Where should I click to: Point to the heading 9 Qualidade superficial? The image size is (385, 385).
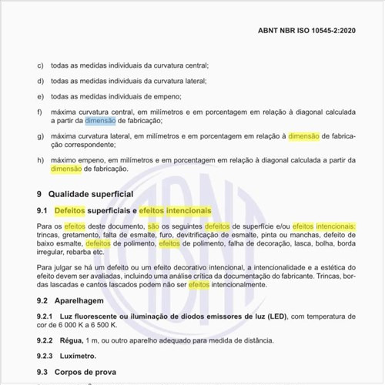point(85,193)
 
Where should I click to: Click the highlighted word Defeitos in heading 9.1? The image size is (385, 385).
point(70,210)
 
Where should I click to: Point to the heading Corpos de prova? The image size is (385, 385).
point(90,372)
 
